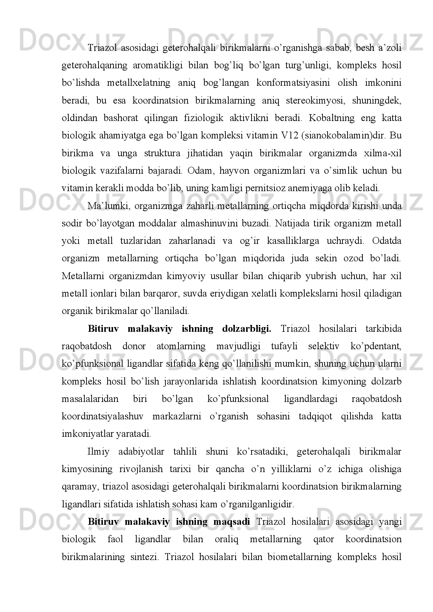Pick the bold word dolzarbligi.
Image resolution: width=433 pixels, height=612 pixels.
(246, 329)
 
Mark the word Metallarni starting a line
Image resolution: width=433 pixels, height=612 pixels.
(80, 276)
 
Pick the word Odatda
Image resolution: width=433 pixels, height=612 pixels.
(389, 241)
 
